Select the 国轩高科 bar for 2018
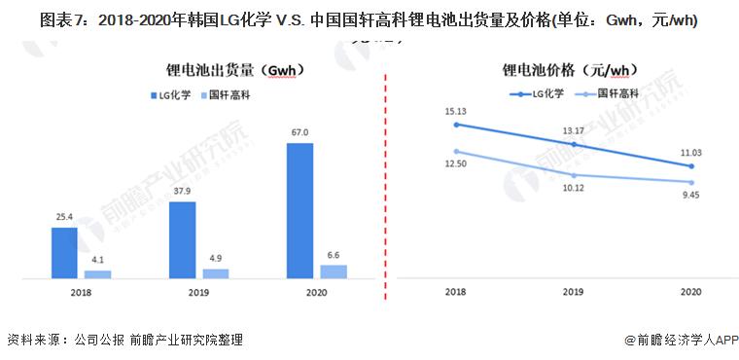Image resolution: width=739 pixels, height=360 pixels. click(98, 274)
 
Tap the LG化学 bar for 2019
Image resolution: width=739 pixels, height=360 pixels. click(182, 240)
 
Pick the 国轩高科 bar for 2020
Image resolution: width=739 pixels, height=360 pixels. click(334, 271)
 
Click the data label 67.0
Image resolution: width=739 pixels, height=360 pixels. click(299, 131)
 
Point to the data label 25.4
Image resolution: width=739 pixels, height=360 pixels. click(64, 216)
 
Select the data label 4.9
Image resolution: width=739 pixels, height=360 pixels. click(215, 258)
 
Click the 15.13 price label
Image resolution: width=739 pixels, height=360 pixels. click(455, 111)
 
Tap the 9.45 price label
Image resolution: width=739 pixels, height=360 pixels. click(691, 194)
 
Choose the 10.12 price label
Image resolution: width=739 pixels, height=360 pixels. click(573, 188)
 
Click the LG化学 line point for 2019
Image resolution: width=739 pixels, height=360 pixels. click(574, 145)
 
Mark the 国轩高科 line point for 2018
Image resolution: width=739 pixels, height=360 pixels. click(455, 151)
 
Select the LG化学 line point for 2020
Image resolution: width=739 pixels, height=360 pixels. click(691, 166)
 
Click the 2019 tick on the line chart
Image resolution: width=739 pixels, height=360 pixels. click(573, 293)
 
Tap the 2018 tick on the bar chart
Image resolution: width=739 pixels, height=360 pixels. click(81, 293)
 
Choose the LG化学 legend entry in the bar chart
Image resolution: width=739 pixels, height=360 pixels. click(173, 95)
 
